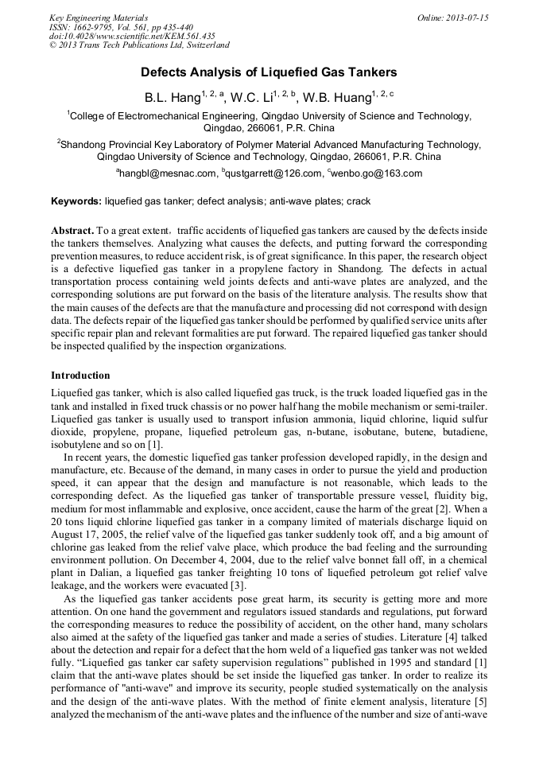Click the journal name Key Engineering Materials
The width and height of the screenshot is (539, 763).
99,18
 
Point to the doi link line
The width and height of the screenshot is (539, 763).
132,36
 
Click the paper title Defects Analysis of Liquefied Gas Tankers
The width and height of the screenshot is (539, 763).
269,72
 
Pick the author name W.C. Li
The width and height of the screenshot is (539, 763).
250,99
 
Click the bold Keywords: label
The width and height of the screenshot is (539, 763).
76,201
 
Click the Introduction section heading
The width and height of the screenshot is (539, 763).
80,375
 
